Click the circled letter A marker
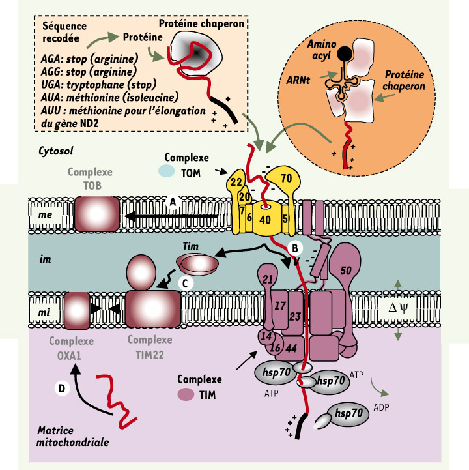[173, 202]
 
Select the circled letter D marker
[61, 389]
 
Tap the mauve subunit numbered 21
[266, 279]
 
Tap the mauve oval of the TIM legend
[186, 394]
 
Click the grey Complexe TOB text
[93, 179]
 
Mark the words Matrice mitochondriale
[69, 437]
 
